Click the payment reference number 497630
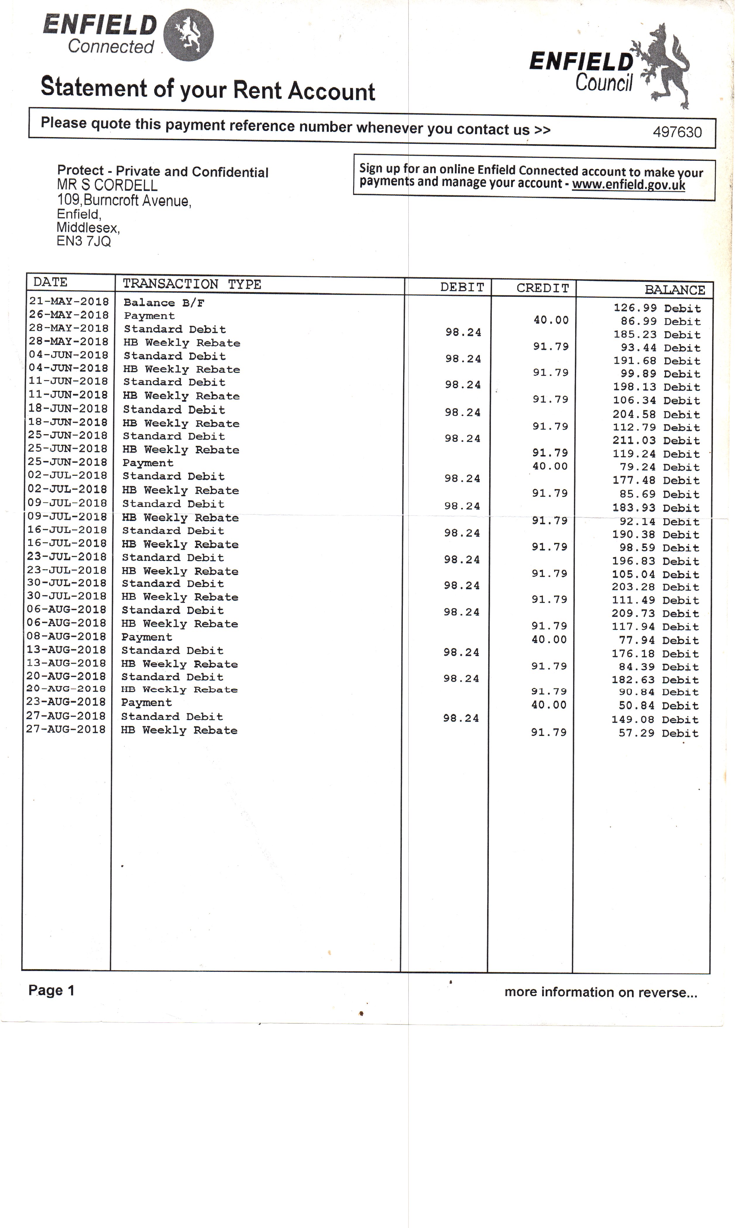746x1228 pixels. click(x=677, y=132)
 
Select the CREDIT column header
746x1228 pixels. click(x=543, y=288)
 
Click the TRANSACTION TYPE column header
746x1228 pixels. click(x=192, y=284)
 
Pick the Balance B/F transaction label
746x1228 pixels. click(x=164, y=303)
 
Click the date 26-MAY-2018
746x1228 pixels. click(x=69, y=315)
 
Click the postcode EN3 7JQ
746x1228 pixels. click(x=84, y=242)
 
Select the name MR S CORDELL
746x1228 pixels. click(x=107, y=185)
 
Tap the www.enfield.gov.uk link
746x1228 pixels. click(x=628, y=185)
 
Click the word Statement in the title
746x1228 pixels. click(x=94, y=87)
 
